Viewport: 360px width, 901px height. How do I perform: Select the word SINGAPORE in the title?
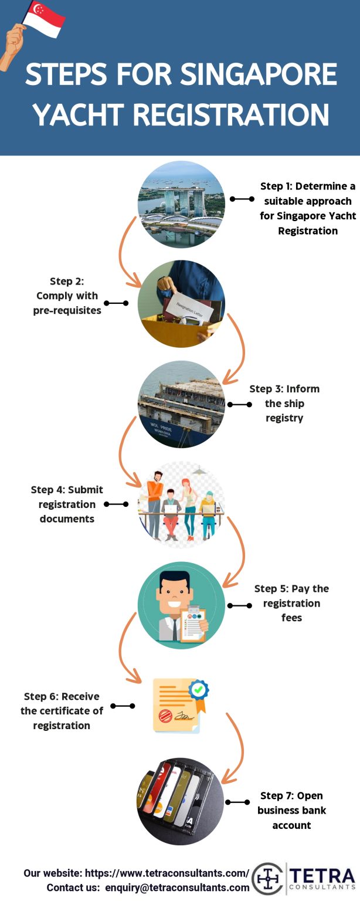click(x=259, y=76)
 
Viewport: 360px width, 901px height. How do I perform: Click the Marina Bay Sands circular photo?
click(x=181, y=204)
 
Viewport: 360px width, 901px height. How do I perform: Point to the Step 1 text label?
click(x=308, y=208)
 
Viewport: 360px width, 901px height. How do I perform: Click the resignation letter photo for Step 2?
click(x=181, y=304)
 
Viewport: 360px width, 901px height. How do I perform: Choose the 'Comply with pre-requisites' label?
click(x=67, y=303)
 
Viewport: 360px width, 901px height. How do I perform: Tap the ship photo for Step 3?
click(x=181, y=404)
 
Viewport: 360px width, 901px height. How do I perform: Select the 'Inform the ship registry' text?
click(x=284, y=404)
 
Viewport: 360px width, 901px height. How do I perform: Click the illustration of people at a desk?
click(x=181, y=504)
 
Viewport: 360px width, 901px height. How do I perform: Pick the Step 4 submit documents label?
click(x=67, y=504)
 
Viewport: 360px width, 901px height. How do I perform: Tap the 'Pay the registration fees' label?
click(x=291, y=603)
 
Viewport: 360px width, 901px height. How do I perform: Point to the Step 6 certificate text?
click(x=62, y=711)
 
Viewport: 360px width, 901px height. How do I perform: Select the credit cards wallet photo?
click(x=181, y=801)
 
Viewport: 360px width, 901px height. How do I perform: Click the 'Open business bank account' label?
click(x=291, y=810)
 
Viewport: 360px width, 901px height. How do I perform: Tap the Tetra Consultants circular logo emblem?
click(x=268, y=879)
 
